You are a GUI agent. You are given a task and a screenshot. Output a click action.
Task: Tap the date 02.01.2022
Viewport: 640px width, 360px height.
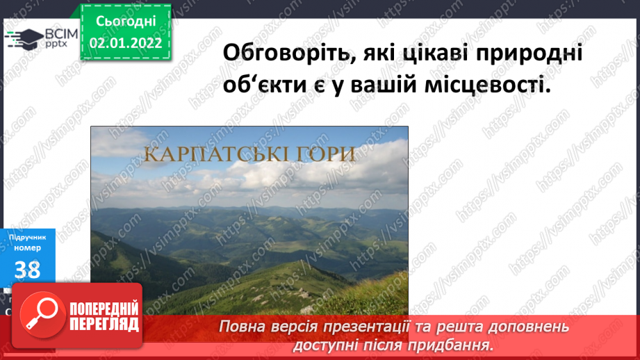[x=125, y=42]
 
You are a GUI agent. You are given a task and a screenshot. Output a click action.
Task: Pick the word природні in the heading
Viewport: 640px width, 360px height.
[x=527, y=54]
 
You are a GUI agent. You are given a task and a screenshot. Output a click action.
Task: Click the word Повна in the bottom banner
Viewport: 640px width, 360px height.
[x=241, y=327]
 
